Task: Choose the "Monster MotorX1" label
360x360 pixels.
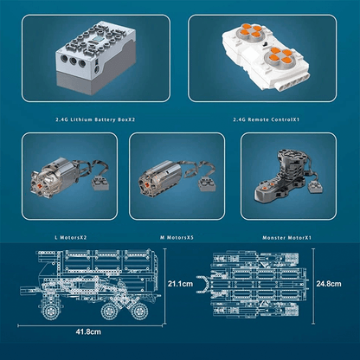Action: pos(287,236)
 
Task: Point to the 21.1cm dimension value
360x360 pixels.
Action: pos(180,282)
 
